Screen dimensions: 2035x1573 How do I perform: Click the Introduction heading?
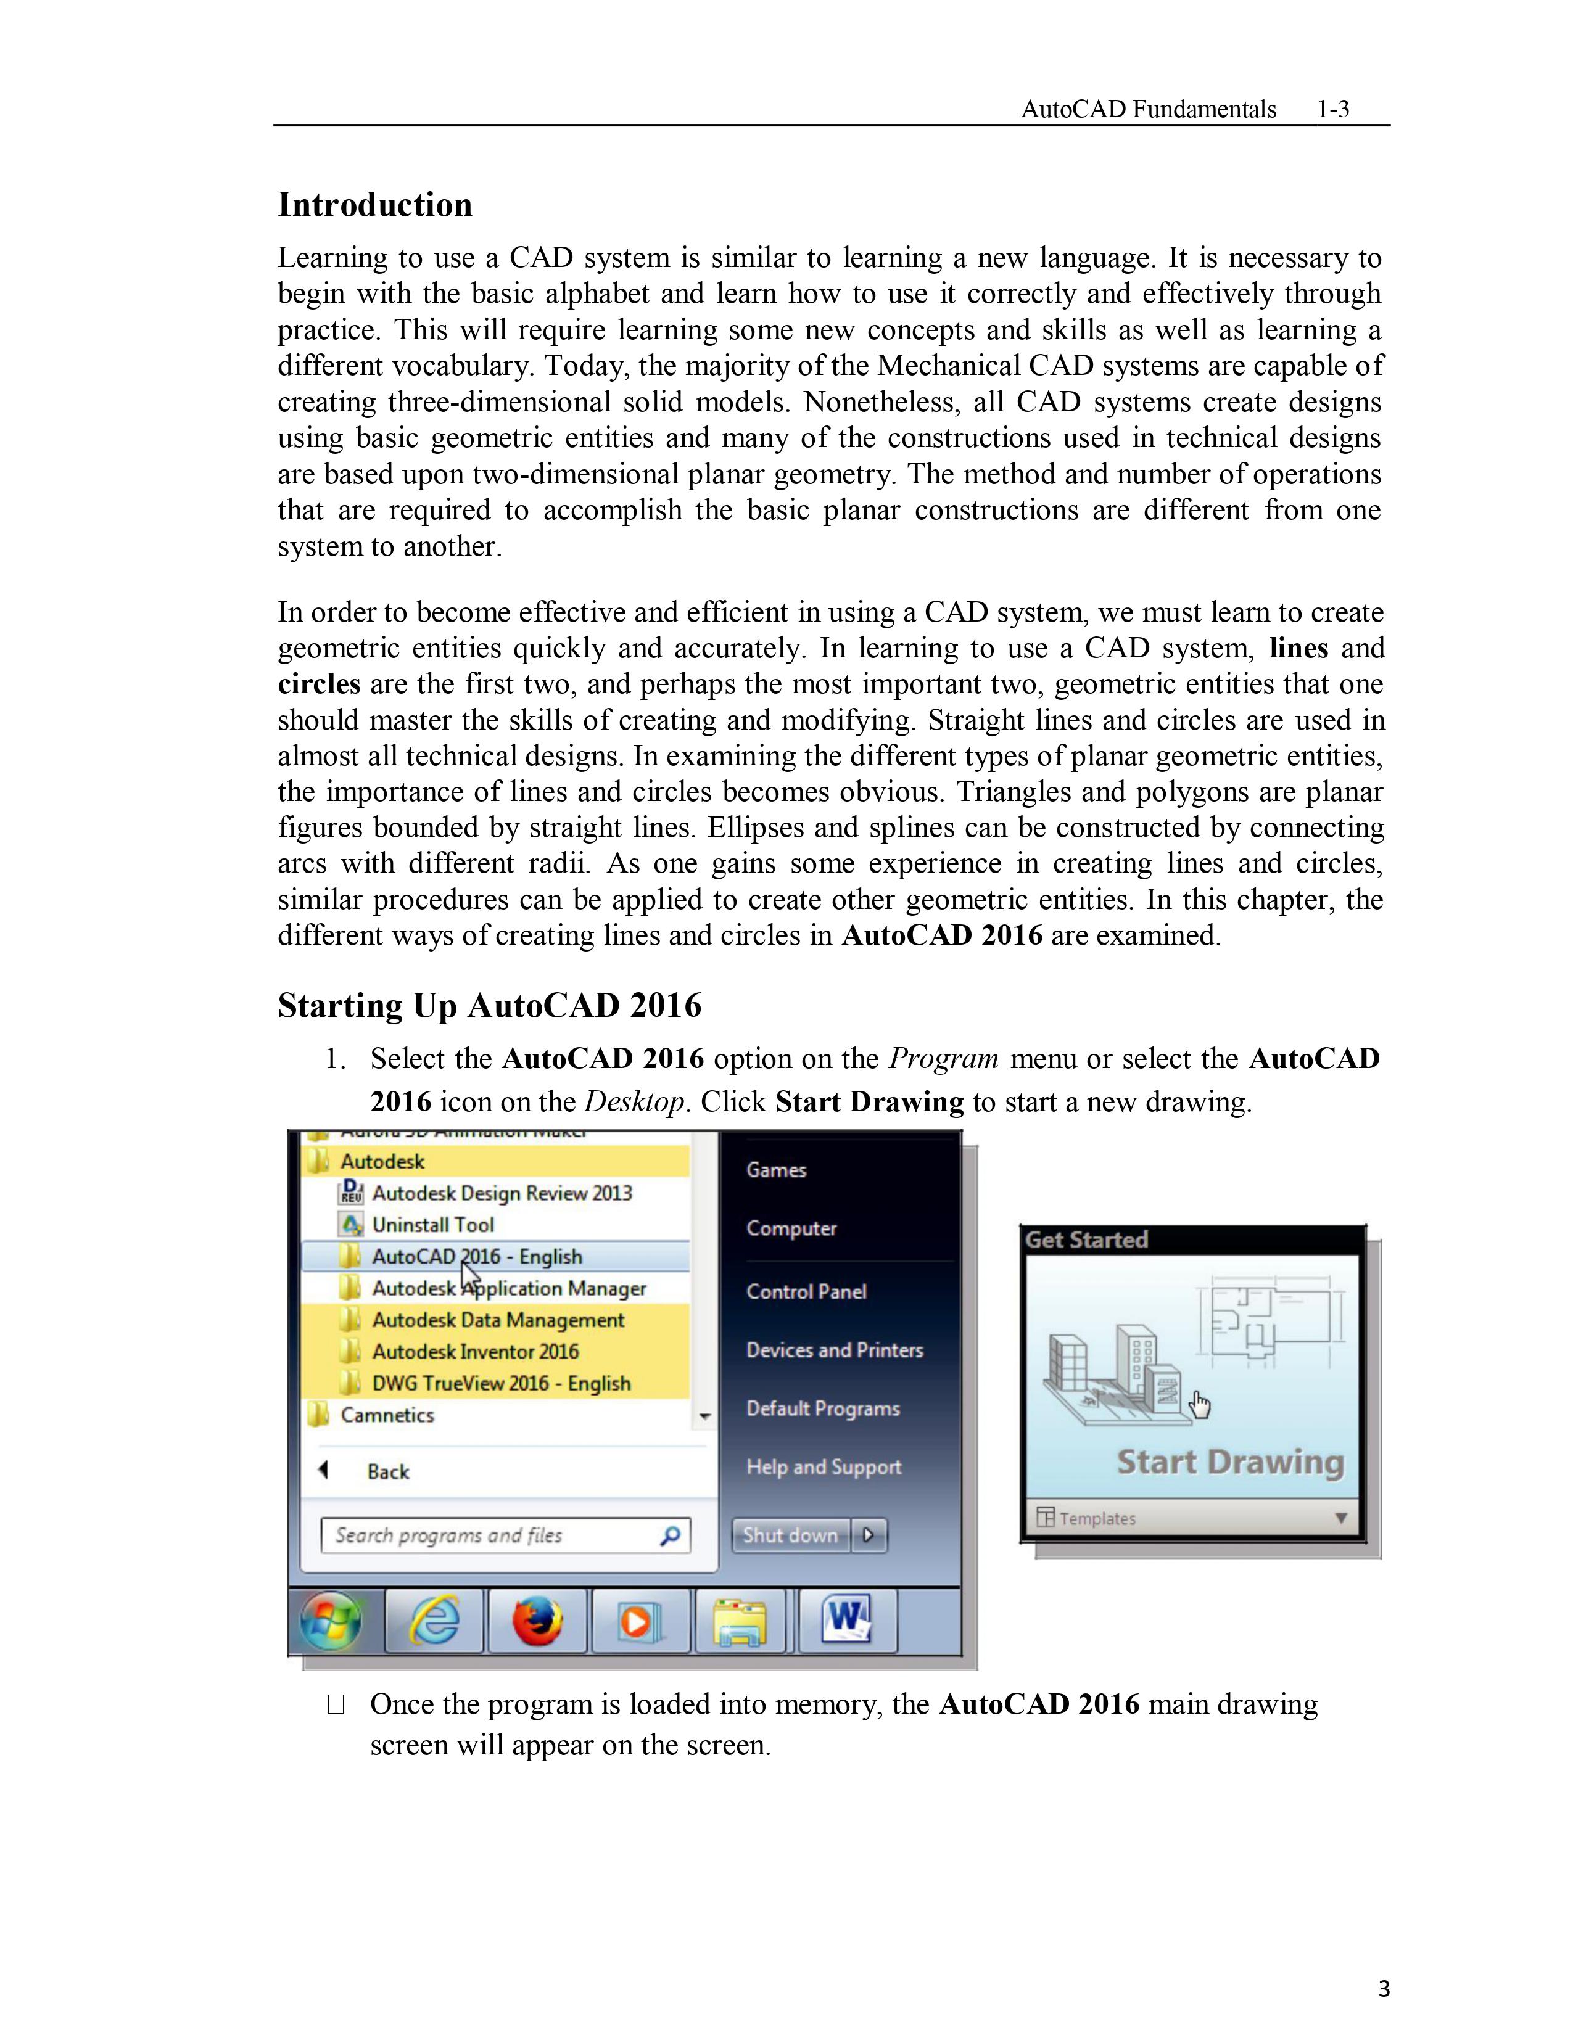pyautogui.click(x=374, y=205)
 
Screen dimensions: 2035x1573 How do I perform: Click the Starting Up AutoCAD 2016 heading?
pyautogui.click(x=489, y=1005)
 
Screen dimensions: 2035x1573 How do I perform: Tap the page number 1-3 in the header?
pyautogui.click(x=1332, y=109)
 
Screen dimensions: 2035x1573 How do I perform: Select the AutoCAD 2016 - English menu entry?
pyautogui.click(x=476, y=1256)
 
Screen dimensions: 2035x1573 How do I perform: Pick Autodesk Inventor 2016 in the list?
pyautogui.click(x=475, y=1351)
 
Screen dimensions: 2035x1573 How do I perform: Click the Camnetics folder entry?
pyautogui.click(x=387, y=1415)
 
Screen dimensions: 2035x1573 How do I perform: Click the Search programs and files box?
pyautogui.click(x=503, y=1535)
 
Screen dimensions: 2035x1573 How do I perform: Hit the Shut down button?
pyautogui.click(x=790, y=1535)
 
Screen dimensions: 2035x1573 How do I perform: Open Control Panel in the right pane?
pyautogui.click(x=806, y=1291)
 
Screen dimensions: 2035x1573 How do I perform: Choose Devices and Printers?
pyautogui.click(x=834, y=1350)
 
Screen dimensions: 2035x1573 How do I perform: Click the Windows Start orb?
pyautogui.click(x=331, y=1621)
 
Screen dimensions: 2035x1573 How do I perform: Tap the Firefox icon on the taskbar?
pyautogui.click(x=538, y=1621)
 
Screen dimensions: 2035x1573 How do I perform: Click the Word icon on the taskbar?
pyautogui.click(x=845, y=1619)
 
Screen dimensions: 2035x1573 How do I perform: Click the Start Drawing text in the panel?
pyautogui.click(x=1230, y=1462)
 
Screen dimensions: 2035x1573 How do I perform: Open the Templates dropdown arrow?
pyautogui.click(x=1341, y=1518)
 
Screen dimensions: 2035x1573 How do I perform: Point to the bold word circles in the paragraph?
pyautogui.click(x=319, y=684)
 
